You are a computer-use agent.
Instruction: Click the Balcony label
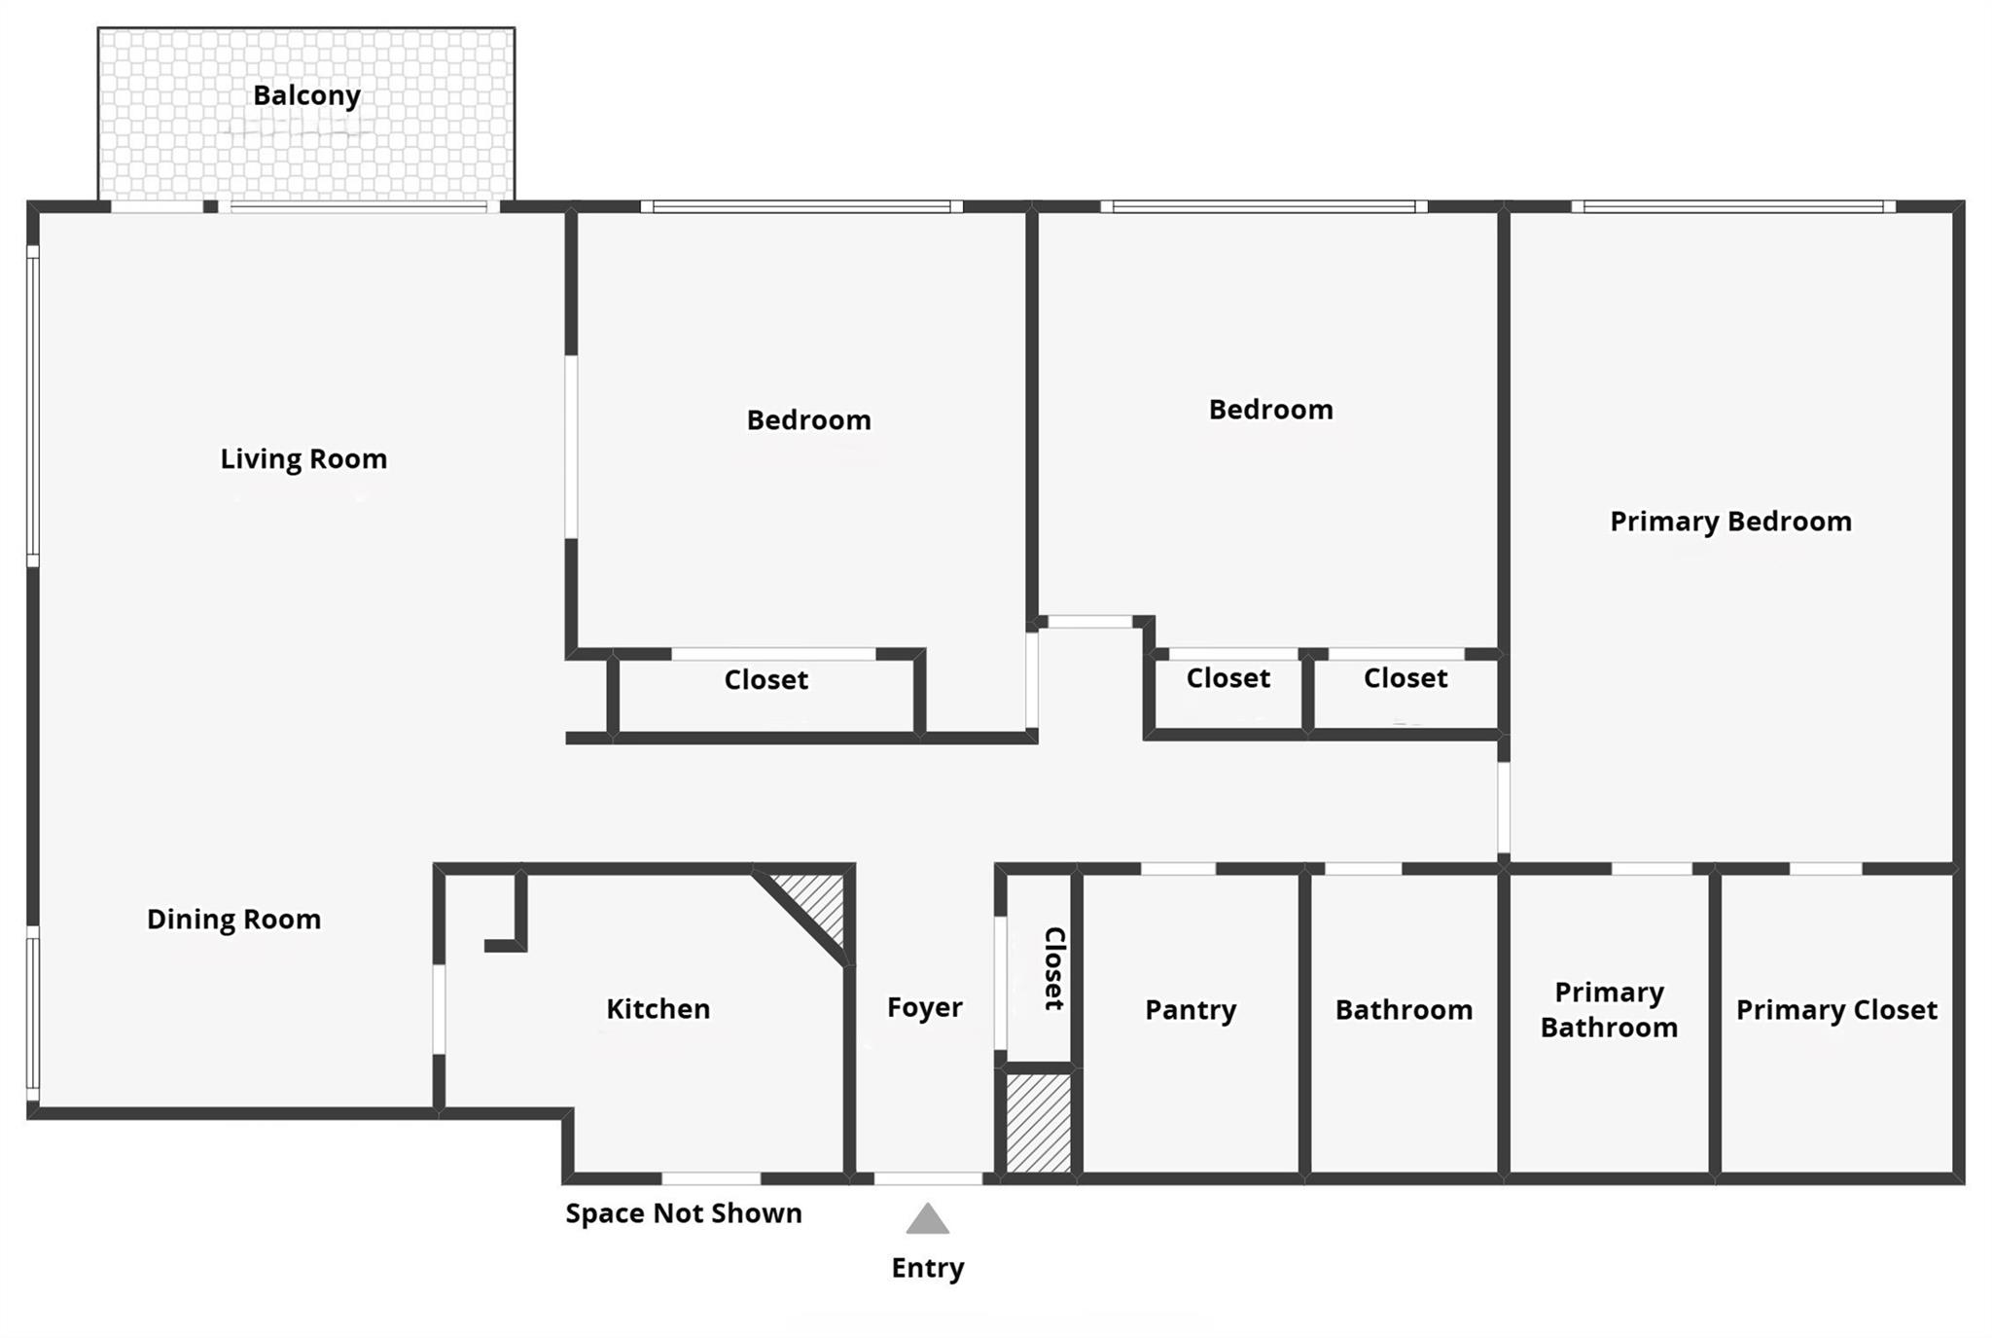[306, 95]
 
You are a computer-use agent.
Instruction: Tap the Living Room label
[303, 459]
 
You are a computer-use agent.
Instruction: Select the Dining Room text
[233, 920]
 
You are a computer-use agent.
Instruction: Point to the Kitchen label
[658, 1009]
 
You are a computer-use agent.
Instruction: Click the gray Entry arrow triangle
[927, 1220]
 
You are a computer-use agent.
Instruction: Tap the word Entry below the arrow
[927, 1268]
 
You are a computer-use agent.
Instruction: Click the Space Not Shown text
[684, 1213]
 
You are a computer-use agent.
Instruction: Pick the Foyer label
[924, 1007]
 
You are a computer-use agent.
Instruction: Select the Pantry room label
[1190, 1010]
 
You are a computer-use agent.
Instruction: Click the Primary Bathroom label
[1609, 1010]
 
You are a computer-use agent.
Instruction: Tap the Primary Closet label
[1836, 1010]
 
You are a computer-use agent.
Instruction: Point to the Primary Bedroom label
[1730, 522]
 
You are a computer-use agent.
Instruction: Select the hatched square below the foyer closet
[1038, 1122]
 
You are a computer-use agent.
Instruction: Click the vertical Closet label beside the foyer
[1054, 968]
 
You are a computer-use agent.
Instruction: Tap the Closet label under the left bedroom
[765, 680]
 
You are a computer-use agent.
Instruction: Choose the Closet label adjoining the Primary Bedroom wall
[1405, 678]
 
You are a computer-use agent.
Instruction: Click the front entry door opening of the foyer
[927, 1178]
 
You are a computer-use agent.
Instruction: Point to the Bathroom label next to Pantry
[1403, 1010]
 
